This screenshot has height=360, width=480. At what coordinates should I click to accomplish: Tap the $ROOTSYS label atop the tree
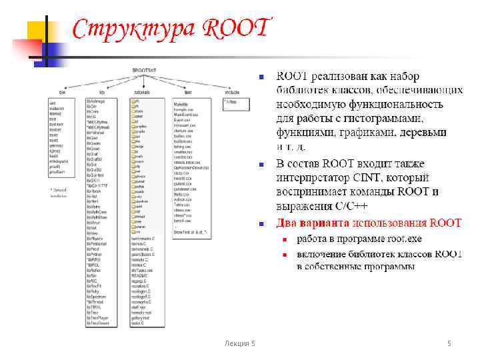143,69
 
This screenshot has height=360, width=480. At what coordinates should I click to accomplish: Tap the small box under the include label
234,102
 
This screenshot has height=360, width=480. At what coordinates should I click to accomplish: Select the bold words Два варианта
313,223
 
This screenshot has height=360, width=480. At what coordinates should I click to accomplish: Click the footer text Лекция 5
239,343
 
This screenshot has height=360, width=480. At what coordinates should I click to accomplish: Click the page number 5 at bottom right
449,343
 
